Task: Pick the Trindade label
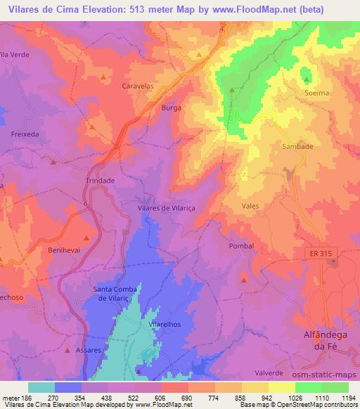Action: tap(100, 180)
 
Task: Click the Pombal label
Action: tap(240, 246)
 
